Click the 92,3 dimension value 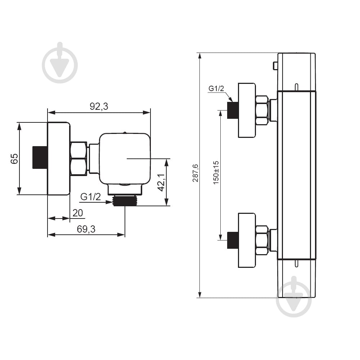(99, 106)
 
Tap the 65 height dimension (14, 159)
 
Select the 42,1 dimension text (161, 182)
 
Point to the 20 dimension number (78, 213)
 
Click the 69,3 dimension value (86, 229)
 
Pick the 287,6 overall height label (195, 173)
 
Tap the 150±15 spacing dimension (216, 173)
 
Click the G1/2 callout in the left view (90, 197)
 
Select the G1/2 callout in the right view (216, 89)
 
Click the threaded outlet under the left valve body (125, 201)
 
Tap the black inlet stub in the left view (40, 157)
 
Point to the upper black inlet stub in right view (233, 110)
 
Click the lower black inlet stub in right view (233, 240)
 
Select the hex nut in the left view (79, 159)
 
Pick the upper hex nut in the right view (262, 111)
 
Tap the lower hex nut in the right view (262, 240)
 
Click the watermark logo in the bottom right (294, 297)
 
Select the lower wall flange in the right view (247, 240)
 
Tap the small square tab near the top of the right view (275, 66)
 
